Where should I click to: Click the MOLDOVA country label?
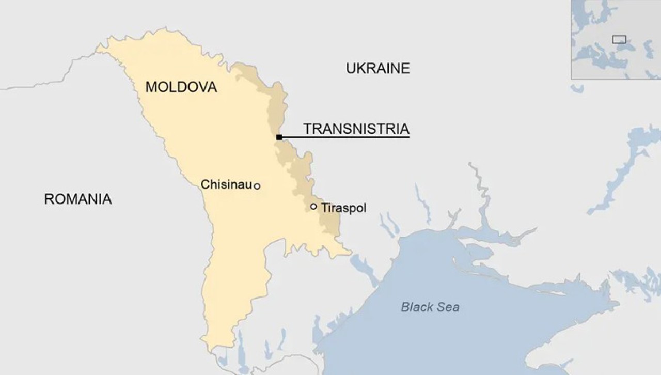tap(181, 87)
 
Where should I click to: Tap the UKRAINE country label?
tap(377, 68)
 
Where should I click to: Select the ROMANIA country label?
tap(78, 199)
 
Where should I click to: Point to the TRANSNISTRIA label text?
tap(356, 129)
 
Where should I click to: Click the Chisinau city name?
tap(226, 184)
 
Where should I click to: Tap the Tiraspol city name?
tap(343, 208)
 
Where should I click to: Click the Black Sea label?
tap(430, 307)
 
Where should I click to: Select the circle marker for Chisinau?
tap(257, 186)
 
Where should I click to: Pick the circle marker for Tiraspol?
tap(313, 207)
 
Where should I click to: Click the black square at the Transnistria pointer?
tap(279, 137)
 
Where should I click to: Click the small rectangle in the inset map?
tap(619, 39)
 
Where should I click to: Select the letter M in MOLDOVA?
tap(151, 87)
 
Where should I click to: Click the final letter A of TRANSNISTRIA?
tap(404, 129)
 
